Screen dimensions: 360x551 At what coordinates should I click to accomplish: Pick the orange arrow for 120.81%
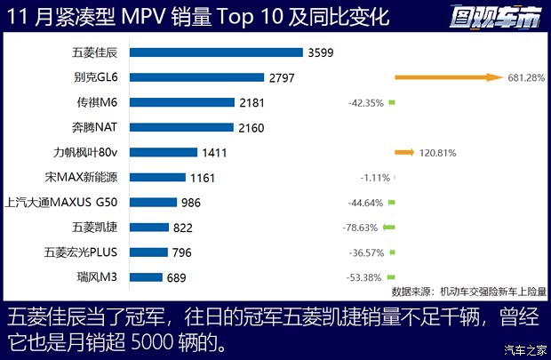point(404,153)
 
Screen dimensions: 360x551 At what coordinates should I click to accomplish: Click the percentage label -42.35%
point(365,103)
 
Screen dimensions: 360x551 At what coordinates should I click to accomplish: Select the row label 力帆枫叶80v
point(98,153)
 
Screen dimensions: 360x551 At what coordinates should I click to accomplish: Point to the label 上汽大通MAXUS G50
point(68,203)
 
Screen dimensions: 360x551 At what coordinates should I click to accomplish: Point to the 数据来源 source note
point(468,292)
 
